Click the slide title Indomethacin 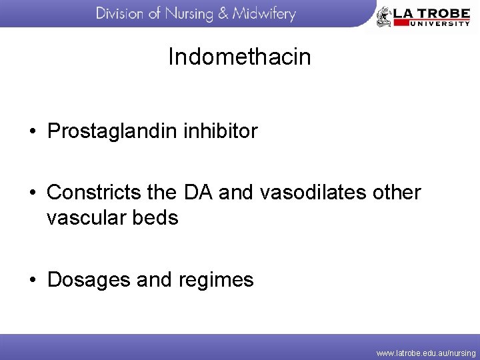pyautogui.click(x=239, y=57)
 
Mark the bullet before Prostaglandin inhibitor pyautogui.click(x=32, y=132)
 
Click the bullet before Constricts pyautogui.click(x=32, y=193)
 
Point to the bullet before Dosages pyautogui.click(x=32, y=280)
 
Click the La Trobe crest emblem pyautogui.click(x=384, y=16)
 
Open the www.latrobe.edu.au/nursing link pyautogui.click(x=426, y=352)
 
